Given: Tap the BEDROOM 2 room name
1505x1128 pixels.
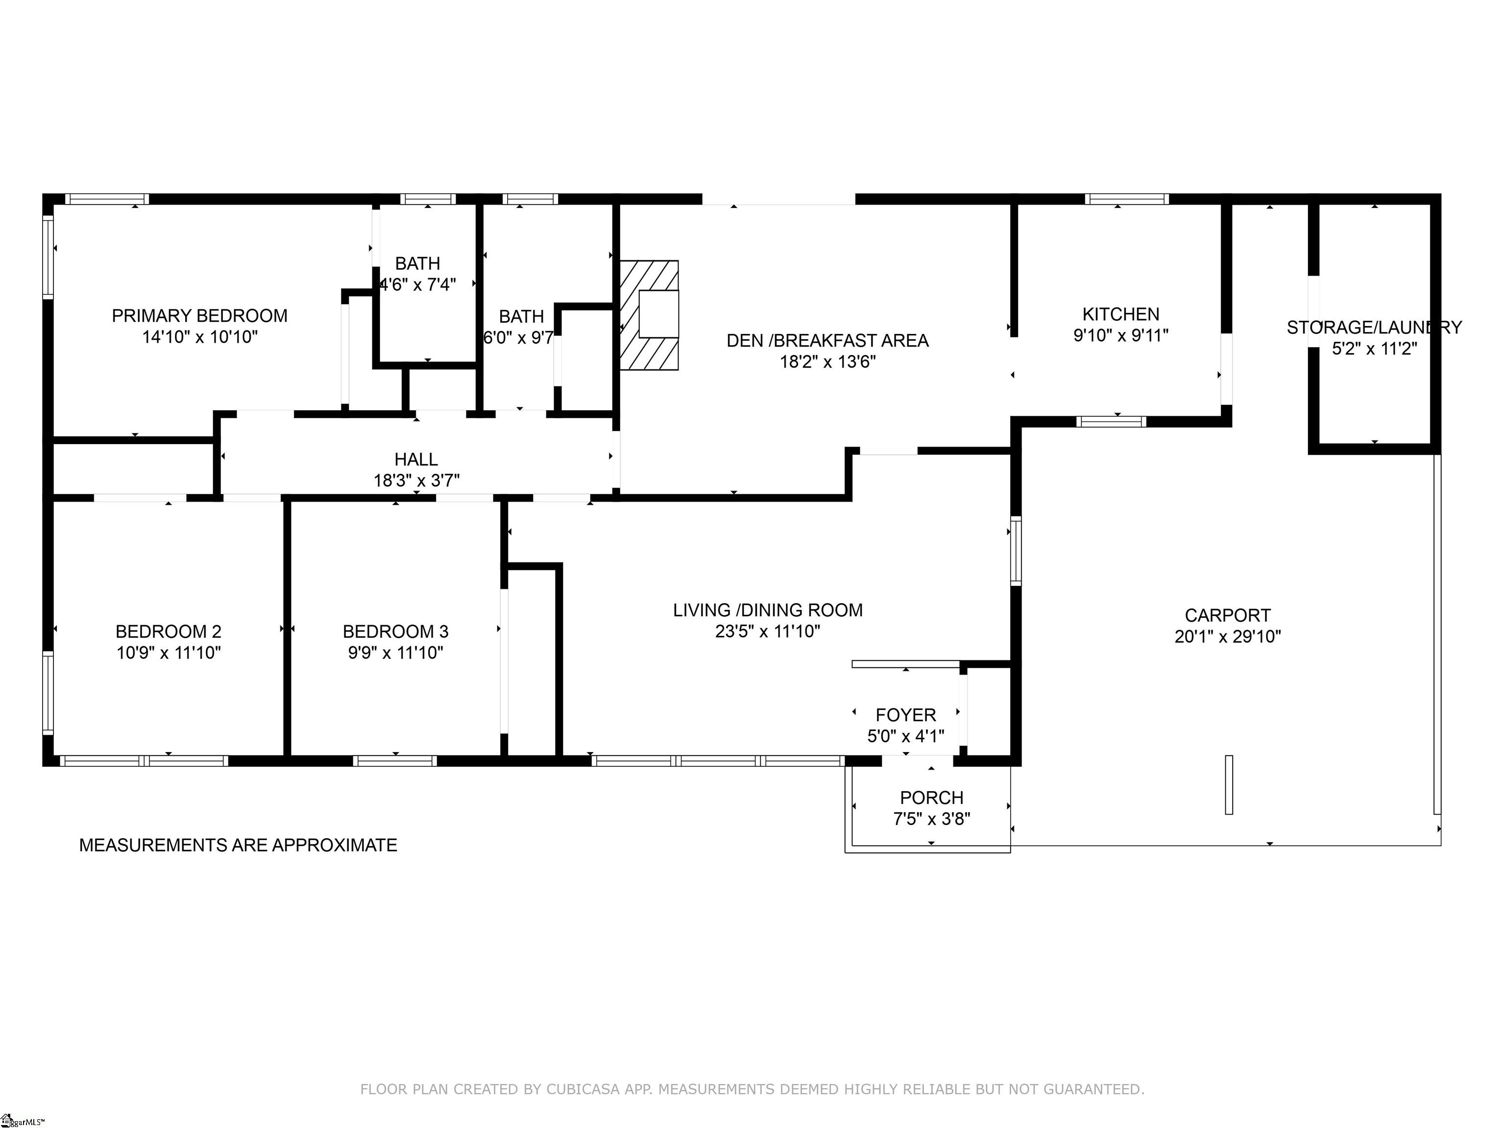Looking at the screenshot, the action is [168, 632].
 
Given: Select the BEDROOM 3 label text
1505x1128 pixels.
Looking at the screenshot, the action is [395, 632].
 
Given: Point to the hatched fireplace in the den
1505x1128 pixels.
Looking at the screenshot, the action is [649, 315].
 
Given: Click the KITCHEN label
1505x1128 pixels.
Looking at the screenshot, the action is [1120, 314].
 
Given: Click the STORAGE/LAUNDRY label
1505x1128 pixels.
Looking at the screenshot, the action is [1374, 328].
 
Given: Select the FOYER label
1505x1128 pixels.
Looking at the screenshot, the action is [905, 715].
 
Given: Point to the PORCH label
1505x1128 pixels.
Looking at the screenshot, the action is [931, 798].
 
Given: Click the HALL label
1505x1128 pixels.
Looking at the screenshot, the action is [416, 460].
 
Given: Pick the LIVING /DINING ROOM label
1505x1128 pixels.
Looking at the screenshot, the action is [768, 611].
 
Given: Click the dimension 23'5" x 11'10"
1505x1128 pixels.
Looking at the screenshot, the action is [768, 632].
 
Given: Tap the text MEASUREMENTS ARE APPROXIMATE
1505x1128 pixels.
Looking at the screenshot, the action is [238, 845].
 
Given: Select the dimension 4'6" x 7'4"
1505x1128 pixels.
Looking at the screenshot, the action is [417, 284].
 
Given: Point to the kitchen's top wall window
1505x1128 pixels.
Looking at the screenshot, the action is [1127, 199].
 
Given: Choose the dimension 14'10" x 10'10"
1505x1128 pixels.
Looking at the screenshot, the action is [199, 336].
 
